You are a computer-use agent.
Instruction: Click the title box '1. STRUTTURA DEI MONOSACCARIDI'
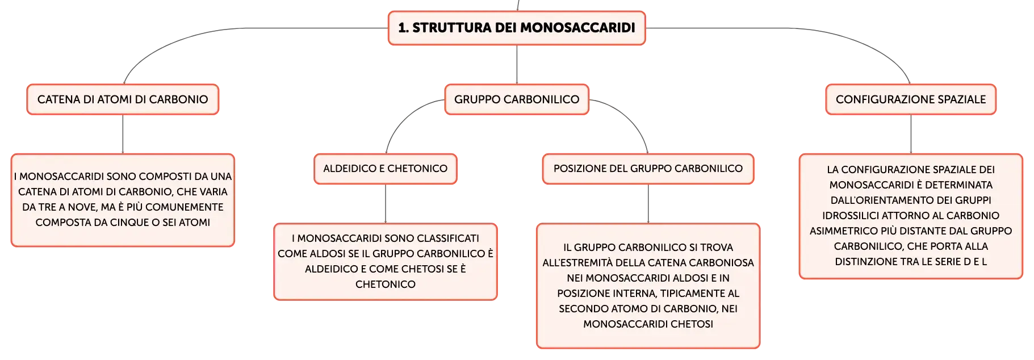pos(517,28)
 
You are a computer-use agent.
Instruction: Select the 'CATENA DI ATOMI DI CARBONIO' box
pos(123,99)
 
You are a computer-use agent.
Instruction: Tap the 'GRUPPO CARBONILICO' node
pos(517,99)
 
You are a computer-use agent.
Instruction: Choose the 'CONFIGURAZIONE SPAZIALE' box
pos(911,99)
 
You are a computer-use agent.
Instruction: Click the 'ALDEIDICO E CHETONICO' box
pos(386,169)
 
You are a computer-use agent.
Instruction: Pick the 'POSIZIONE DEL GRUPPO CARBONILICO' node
pos(648,169)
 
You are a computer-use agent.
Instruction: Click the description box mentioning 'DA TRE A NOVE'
pos(123,200)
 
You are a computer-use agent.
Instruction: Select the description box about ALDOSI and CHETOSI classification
pos(386,261)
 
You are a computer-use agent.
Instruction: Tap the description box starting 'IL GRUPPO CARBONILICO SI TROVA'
pos(648,286)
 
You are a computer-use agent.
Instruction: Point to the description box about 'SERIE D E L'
pos(911,216)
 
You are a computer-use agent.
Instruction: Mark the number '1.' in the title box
pos(403,28)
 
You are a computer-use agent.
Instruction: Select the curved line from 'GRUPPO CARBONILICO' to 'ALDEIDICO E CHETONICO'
pos(404,116)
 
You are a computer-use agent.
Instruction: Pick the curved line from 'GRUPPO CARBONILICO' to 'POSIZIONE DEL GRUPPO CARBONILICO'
pos(629,116)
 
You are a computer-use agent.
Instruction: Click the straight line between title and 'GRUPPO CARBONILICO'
pos(517,65)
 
